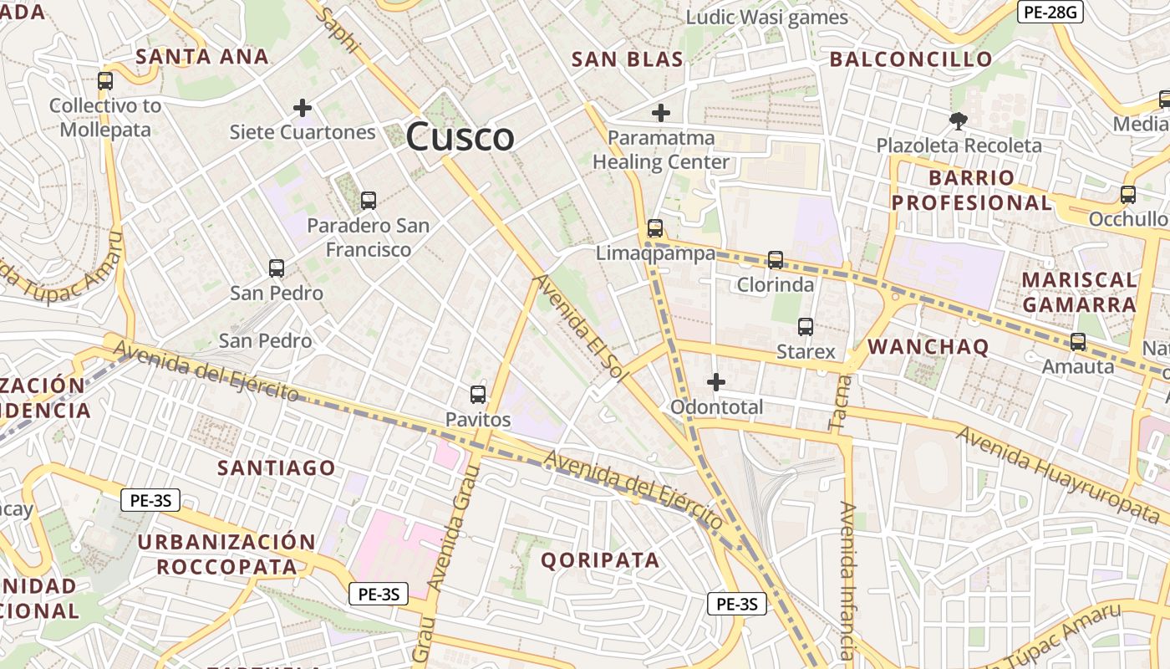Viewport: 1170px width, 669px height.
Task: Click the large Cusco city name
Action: [x=460, y=136]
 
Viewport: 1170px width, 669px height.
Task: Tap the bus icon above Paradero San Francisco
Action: [x=368, y=201]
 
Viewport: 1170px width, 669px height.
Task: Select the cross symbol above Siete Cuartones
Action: [x=303, y=108]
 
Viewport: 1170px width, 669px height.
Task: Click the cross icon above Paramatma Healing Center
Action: [x=661, y=112]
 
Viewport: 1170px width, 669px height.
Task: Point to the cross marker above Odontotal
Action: [x=716, y=382]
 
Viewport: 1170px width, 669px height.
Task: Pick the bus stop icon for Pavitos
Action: [x=478, y=395]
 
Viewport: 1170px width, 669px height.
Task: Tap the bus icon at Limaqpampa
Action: [x=655, y=228]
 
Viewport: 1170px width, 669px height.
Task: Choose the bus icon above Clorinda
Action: [x=776, y=260]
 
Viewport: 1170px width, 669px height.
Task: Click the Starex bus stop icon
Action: [x=806, y=327]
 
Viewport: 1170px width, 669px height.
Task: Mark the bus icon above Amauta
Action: [x=1078, y=342]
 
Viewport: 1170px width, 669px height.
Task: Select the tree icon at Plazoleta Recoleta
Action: [x=959, y=121]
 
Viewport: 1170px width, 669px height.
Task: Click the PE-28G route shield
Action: [x=1050, y=12]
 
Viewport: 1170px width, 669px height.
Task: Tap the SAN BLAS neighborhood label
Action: [x=627, y=59]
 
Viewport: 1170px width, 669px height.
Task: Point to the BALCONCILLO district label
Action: [x=911, y=59]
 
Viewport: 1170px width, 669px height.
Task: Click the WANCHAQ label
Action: [x=928, y=347]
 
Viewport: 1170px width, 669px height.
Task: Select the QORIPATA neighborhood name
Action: [x=600, y=560]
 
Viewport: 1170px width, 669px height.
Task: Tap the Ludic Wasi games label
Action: [x=766, y=18]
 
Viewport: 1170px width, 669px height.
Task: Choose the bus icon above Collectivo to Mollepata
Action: [x=105, y=81]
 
